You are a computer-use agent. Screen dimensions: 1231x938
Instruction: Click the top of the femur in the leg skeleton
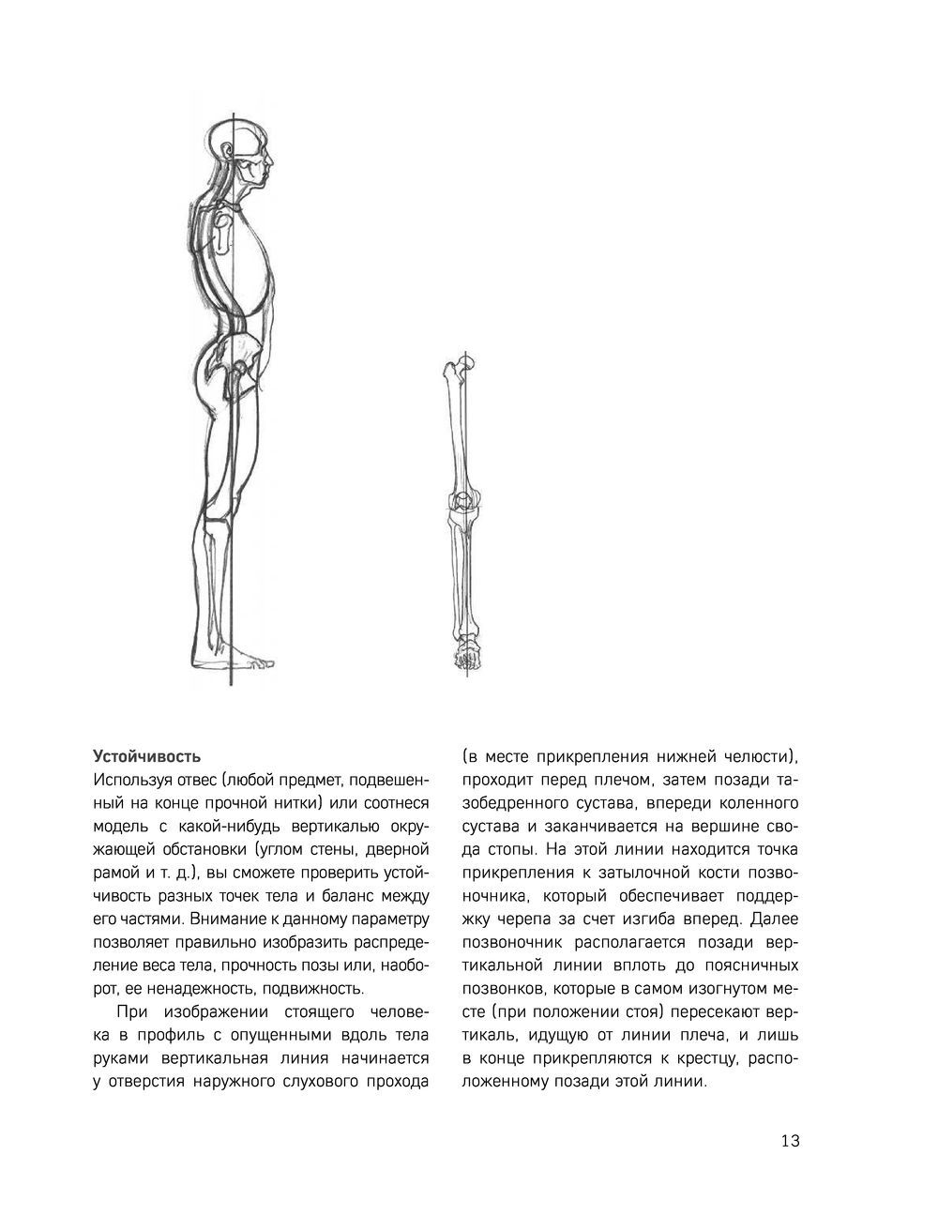coord(461,369)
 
